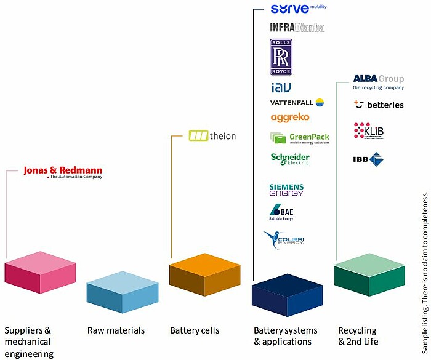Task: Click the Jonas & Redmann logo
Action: tap(63, 172)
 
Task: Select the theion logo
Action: tap(212, 135)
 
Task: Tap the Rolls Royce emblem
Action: tap(281, 57)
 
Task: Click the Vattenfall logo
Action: tap(297, 102)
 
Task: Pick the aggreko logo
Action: tap(289, 117)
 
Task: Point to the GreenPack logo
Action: tap(299, 138)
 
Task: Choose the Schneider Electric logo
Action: tap(290, 159)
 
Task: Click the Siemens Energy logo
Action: tap(286, 190)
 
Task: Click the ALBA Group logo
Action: tap(378, 82)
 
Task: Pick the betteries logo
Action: tap(379, 105)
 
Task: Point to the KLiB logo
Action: tap(369, 132)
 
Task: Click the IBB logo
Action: tap(368, 159)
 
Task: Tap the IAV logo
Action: tap(281, 88)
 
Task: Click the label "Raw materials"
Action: tap(116, 330)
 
